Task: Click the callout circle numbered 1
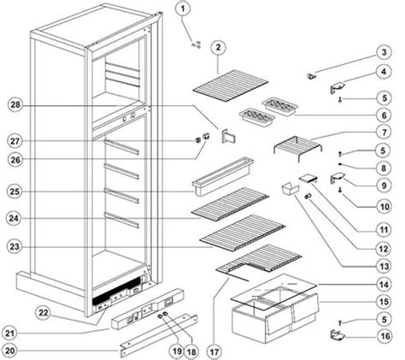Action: click(x=182, y=9)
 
